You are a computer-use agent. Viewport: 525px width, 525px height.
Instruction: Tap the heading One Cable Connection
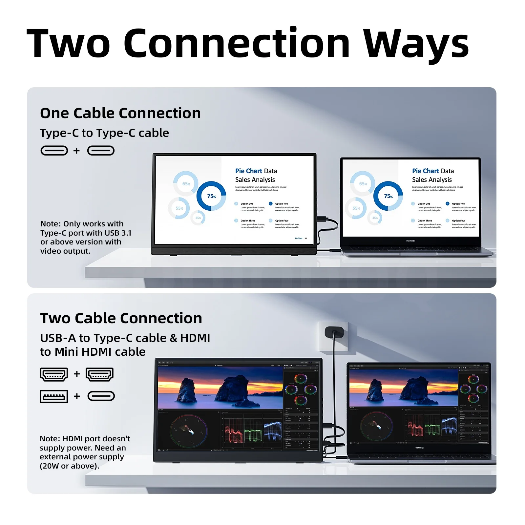[x=120, y=113]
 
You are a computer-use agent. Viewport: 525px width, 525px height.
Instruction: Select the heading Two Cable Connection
[x=121, y=318]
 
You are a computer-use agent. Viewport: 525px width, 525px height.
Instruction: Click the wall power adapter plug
[x=334, y=333]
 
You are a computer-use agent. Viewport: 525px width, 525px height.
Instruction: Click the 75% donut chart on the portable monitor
[x=211, y=196]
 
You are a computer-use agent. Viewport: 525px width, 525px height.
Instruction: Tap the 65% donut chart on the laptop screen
[x=363, y=184]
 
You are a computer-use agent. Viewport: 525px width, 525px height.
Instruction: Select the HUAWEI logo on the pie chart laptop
[x=410, y=241]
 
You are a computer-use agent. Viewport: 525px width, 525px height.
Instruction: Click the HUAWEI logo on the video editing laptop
[x=419, y=448]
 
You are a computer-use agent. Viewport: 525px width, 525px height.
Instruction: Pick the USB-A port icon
[x=54, y=396]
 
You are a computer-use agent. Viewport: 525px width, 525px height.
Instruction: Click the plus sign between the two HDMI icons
[x=77, y=374]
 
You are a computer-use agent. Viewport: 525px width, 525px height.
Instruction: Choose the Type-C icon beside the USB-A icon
[x=101, y=396]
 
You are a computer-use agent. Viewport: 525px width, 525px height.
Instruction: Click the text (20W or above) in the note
[x=69, y=466]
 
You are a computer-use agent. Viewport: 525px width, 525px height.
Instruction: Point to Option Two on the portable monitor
[x=281, y=204]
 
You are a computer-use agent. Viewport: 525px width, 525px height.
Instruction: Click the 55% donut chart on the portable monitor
[x=179, y=208]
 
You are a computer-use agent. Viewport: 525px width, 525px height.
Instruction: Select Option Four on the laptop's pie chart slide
[x=458, y=221]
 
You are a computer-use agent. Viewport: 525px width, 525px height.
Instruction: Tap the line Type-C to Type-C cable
[x=104, y=133]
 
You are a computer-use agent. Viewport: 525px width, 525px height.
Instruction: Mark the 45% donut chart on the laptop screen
[x=375, y=218]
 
